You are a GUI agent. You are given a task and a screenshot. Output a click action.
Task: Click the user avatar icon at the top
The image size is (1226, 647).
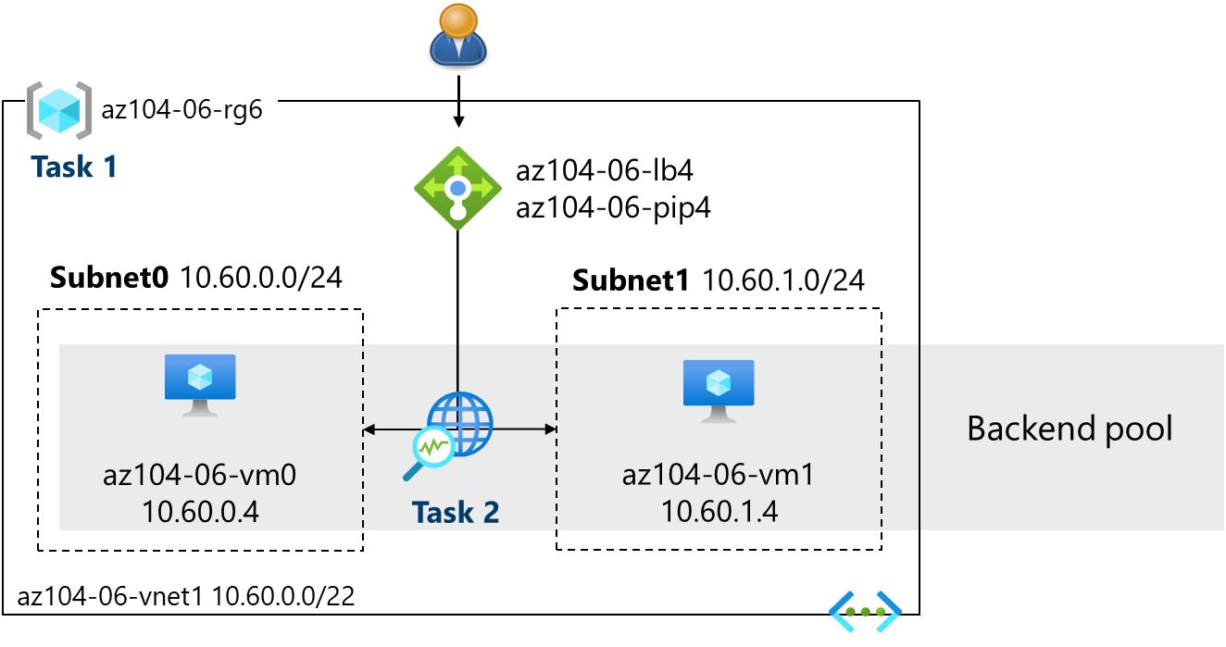click(458, 35)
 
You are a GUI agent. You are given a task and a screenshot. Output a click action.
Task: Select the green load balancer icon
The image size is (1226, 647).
click(457, 188)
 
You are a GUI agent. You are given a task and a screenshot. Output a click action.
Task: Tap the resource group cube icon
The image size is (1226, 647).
click(58, 110)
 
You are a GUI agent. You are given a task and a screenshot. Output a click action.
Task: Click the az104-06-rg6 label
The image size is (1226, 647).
click(182, 110)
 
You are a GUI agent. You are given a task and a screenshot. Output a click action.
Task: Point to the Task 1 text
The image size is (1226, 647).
click(74, 167)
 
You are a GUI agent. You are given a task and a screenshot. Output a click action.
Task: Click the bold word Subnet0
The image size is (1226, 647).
click(109, 278)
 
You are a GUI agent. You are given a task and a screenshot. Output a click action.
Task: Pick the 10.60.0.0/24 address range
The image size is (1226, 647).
click(260, 278)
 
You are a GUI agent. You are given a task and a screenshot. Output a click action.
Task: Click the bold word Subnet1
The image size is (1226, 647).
click(632, 280)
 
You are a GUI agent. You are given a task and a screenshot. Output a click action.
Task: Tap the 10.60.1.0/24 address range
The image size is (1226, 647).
click(783, 280)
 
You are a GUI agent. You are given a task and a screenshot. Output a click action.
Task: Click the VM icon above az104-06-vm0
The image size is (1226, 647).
click(200, 384)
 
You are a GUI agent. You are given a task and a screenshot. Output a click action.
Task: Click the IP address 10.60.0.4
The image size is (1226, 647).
click(200, 511)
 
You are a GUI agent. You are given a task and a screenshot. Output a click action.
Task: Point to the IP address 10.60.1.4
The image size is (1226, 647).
click(719, 511)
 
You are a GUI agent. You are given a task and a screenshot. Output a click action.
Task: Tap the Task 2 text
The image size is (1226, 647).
click(456, 512)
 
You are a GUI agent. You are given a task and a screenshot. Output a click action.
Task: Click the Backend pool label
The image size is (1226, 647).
click(1070, 429)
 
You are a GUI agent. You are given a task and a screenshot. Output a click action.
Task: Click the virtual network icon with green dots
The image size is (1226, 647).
click(865, 612)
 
